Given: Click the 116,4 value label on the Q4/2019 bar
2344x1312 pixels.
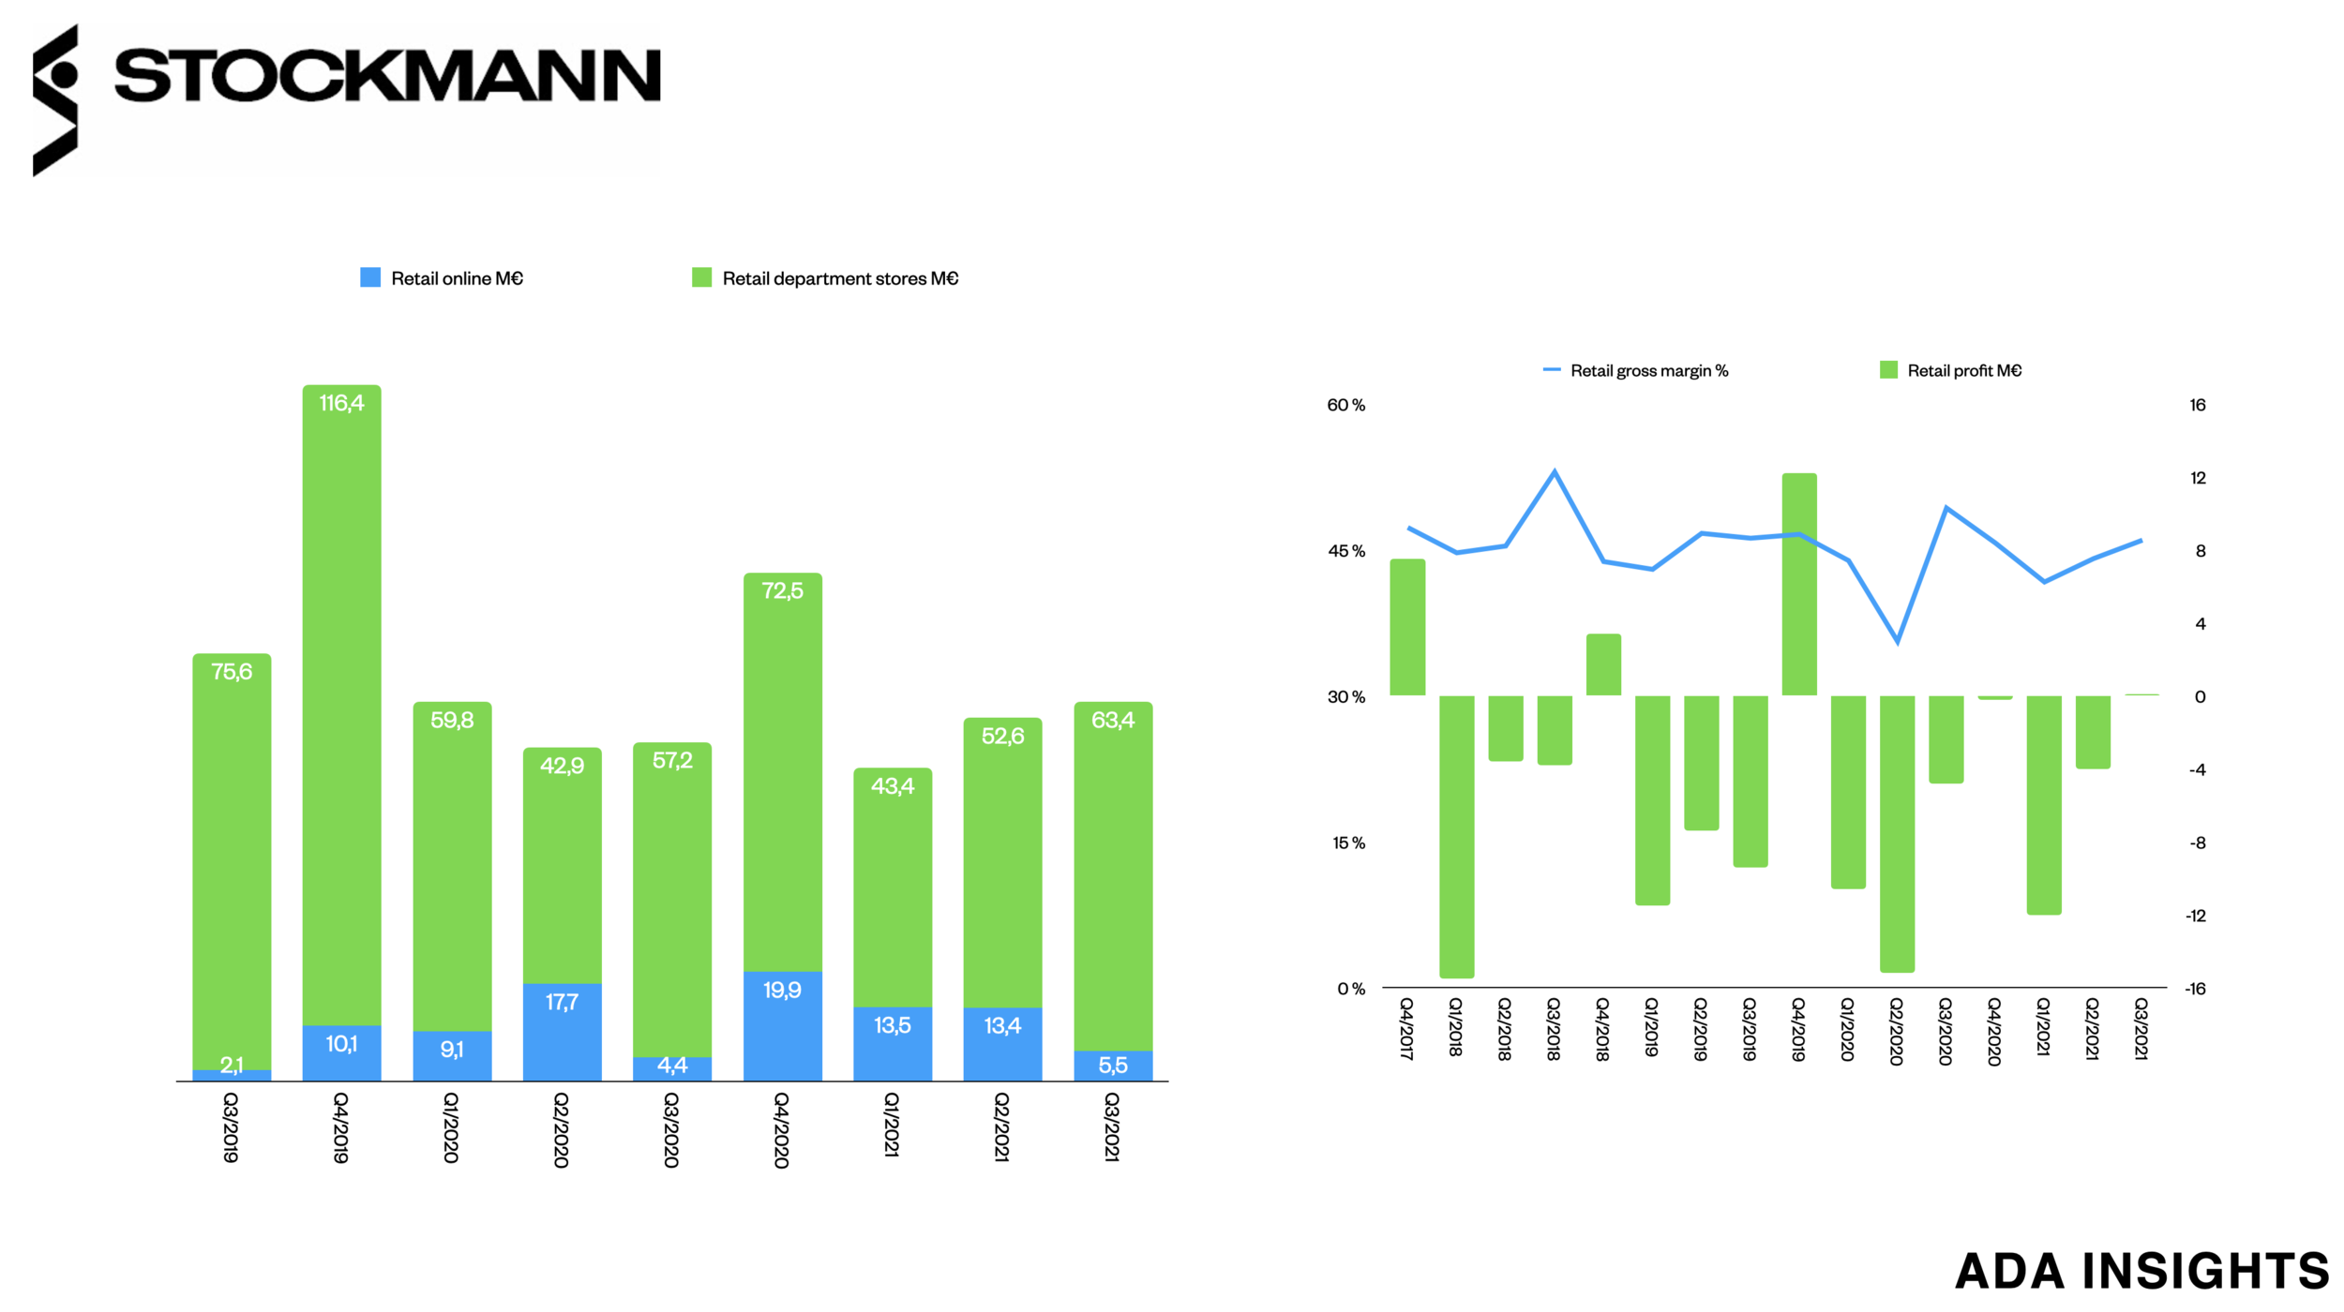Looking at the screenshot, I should (341, 403).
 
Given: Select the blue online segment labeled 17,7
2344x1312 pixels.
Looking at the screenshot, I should (562, 1031).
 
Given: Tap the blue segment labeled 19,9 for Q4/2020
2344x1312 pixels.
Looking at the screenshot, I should (782, 1025).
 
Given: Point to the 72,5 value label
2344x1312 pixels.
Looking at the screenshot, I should (782, 590).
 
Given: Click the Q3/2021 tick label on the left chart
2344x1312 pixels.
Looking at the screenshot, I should (1112, 1126).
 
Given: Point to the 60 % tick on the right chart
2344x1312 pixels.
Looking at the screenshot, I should (1345, 405).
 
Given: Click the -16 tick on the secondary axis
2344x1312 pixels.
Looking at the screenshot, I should (2195, 989).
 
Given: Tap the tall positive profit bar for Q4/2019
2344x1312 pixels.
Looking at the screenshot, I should (1798, 586).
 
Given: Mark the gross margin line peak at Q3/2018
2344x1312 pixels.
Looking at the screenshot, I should (1555, 472).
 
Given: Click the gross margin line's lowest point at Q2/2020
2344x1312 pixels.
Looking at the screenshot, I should (1897, 642).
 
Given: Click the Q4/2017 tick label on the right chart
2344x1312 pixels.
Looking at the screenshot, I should (1406, 1029).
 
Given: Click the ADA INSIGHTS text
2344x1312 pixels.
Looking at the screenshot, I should (2141, 1271).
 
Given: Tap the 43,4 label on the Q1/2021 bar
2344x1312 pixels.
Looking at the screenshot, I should (892, 785).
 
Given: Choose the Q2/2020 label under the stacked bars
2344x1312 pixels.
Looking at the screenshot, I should (561, 1129).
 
